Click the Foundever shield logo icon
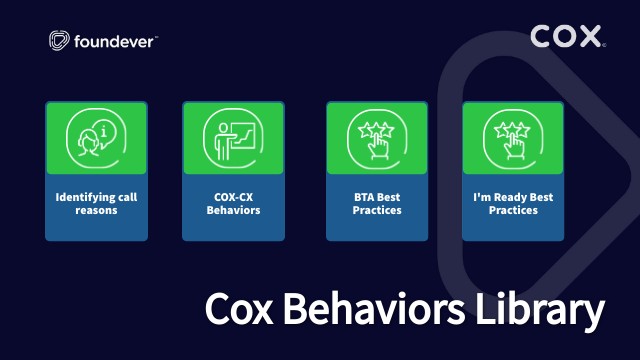point(60,41)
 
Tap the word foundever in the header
point(113,41)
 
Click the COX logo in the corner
point(567,38)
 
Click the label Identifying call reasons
point(96,204)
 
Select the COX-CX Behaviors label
point(232,204)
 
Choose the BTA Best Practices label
point(376,204)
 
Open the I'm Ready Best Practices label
point(512,204)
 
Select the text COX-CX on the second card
point(232,198)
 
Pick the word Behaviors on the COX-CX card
point(232,211)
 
